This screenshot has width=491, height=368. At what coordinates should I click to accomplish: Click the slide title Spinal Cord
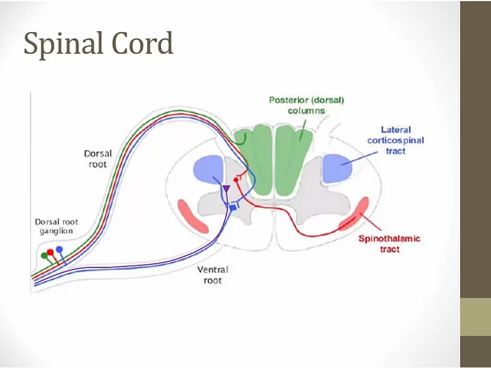98,44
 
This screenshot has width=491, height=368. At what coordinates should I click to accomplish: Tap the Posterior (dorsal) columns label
306,105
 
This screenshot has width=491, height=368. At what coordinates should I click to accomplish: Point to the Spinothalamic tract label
389,244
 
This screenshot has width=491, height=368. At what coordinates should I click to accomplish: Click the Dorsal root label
98,159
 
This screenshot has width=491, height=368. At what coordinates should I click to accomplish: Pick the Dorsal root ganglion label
57,226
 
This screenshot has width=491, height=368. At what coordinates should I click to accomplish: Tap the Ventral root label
213,275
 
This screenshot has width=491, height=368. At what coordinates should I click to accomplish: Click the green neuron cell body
44,256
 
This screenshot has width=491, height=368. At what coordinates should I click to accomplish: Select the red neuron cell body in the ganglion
51,252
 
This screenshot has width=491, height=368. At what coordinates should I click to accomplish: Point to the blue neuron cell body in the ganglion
59,249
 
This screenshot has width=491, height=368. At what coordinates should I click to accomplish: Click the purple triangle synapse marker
226,189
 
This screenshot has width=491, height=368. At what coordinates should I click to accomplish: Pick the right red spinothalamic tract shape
354,214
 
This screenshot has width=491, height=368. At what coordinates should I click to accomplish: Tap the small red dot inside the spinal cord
236,179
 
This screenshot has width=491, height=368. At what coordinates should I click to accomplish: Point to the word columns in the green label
306,111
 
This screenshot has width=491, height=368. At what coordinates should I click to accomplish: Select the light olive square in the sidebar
475,317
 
